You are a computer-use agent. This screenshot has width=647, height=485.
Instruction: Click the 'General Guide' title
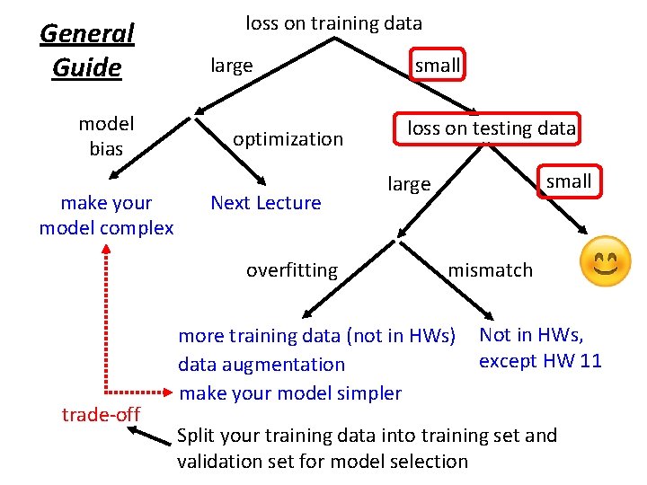pos(86,50)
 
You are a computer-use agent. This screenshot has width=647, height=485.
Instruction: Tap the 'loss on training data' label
pos(333,23)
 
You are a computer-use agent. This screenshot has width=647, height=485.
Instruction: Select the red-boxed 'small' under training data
pos(438,65)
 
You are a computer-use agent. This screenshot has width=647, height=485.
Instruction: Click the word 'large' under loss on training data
pos(231,66)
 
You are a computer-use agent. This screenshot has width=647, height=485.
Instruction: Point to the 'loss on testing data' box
pos(491,128)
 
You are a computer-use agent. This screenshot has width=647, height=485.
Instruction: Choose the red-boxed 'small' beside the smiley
pos(569,181)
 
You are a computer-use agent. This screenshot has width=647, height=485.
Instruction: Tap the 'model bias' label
pos(106,137)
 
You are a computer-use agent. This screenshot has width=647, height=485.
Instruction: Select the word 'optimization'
pos(288,139)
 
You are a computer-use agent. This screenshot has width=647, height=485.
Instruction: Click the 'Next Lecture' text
pos(265,203)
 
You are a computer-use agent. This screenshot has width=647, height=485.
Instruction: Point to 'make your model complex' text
pos(106,216)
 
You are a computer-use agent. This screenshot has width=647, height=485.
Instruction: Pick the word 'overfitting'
pos(292,270)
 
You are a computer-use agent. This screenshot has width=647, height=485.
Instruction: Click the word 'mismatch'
pos(490,270)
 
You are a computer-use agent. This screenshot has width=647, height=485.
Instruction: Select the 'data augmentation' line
pos(261,365)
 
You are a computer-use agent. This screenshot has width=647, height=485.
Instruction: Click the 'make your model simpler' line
pos(290,392)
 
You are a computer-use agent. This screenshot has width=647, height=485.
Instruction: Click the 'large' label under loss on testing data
pos(409,185)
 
